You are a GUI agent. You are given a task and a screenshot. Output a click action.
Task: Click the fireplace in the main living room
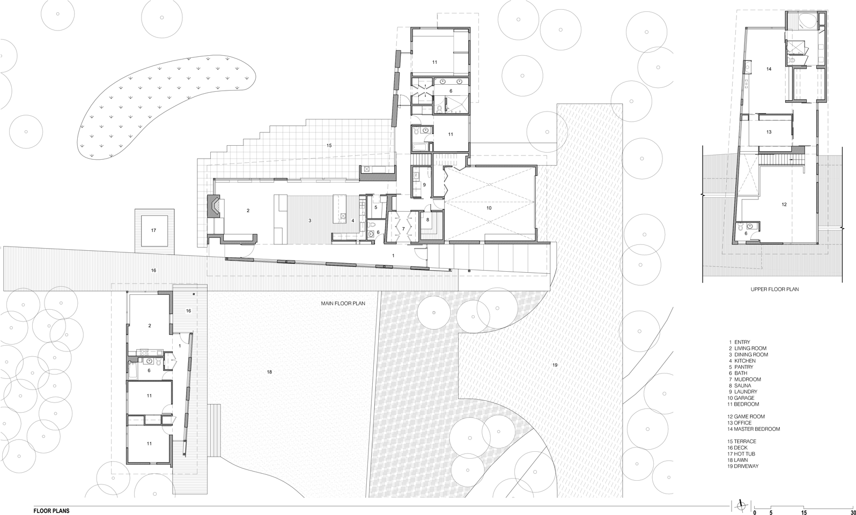coord(213,206)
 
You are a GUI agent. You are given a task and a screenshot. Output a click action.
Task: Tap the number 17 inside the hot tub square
coord(153,230)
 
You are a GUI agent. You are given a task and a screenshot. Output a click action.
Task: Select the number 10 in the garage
coord(489,207)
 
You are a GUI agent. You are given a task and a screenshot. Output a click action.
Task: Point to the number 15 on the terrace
coord(329,146)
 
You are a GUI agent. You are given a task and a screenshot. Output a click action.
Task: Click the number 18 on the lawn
coord(269,371)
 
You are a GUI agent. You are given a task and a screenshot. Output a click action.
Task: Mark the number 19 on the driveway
coord(555,365)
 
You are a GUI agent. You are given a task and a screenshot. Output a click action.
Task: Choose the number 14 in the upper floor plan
coord(769,69)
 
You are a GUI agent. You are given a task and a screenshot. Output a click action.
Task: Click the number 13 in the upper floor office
coord(769,132)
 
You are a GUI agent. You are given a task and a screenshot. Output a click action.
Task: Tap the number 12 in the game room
coord(784,205)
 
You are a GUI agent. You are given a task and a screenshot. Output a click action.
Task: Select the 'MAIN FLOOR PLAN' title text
coord(343,303)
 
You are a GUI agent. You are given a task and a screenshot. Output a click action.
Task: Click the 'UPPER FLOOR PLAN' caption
coord(774,289)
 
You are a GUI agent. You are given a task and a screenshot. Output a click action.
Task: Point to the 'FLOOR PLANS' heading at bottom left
coord(51,511)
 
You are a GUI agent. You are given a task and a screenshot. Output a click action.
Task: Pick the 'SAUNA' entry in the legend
coord(742,386)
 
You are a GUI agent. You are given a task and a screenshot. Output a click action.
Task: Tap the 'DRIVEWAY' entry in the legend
coord(746,466)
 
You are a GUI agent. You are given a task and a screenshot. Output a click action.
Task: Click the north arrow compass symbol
coord(742,505)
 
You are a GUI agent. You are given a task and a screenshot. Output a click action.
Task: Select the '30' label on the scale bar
coord(852,512)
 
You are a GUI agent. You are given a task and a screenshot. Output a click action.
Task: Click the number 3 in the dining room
coord(310,220)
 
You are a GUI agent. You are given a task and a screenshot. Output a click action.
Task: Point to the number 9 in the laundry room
coord(424,185)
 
